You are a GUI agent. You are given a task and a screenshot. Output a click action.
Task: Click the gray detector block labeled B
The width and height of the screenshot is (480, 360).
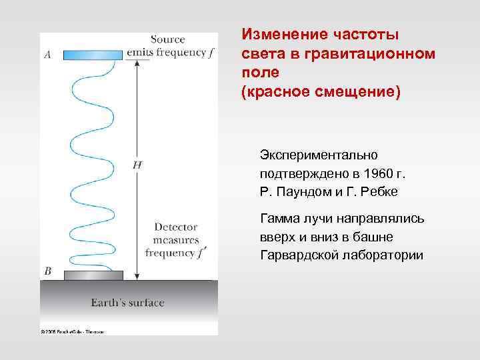point(93,275)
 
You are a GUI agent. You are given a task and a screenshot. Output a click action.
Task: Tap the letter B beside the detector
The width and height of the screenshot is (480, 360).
point(47,271)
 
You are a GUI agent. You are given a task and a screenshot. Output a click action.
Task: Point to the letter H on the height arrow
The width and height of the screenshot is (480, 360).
point(137,164)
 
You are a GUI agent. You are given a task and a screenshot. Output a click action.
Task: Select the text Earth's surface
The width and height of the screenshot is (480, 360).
point(127,303)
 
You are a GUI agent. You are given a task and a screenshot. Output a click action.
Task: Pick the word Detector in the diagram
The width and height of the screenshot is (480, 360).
point(175,227)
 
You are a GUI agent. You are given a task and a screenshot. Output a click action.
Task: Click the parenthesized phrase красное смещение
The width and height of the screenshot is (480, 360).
point(321,90)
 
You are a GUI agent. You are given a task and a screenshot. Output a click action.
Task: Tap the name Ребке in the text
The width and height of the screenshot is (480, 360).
point(380,192)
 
